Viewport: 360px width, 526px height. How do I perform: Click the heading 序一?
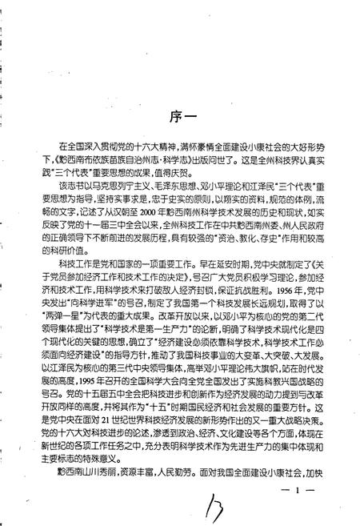tap(182, 114)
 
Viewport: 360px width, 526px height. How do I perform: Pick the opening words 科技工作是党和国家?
tap(89, 262)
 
